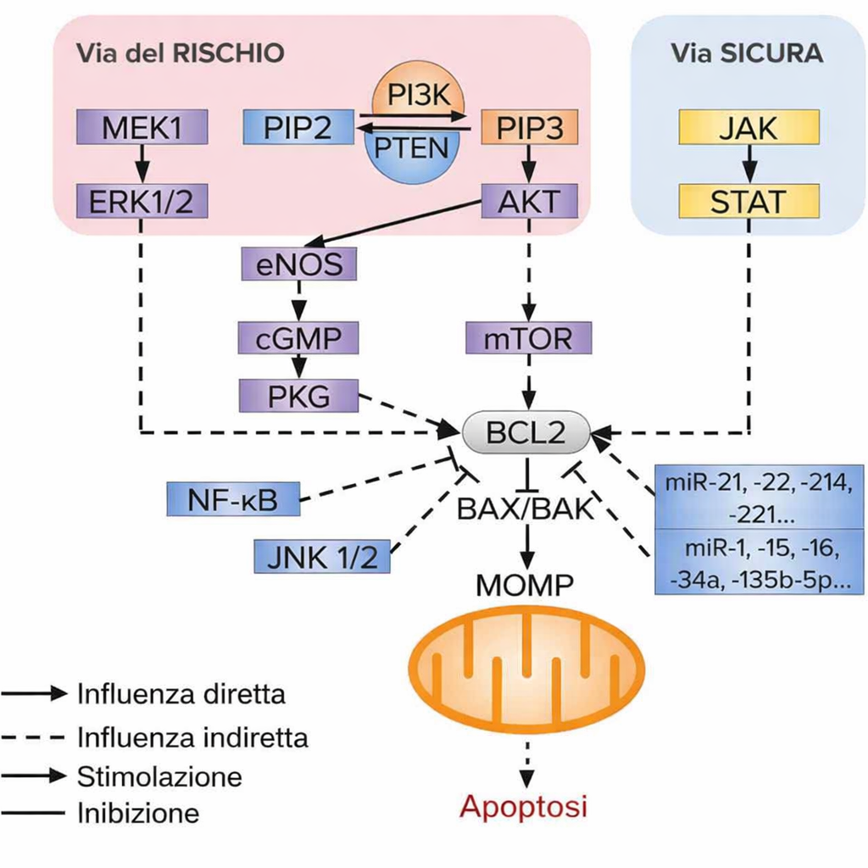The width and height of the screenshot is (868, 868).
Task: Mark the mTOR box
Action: coord(529,339)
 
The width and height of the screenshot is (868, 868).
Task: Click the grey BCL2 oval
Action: coord(526,432)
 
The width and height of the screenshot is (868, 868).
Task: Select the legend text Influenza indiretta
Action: coord(192,736)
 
